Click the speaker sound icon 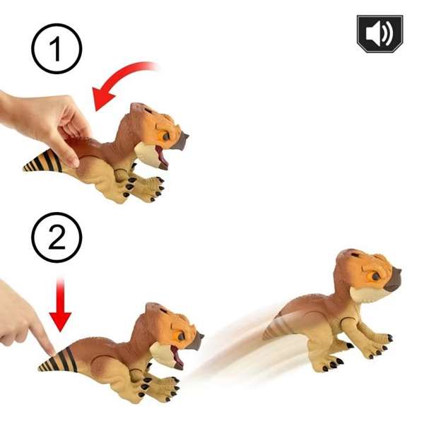click(379, 34)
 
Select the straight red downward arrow click(61, 305)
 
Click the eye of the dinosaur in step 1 click(165, 134)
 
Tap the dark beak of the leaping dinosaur click(393, 280)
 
